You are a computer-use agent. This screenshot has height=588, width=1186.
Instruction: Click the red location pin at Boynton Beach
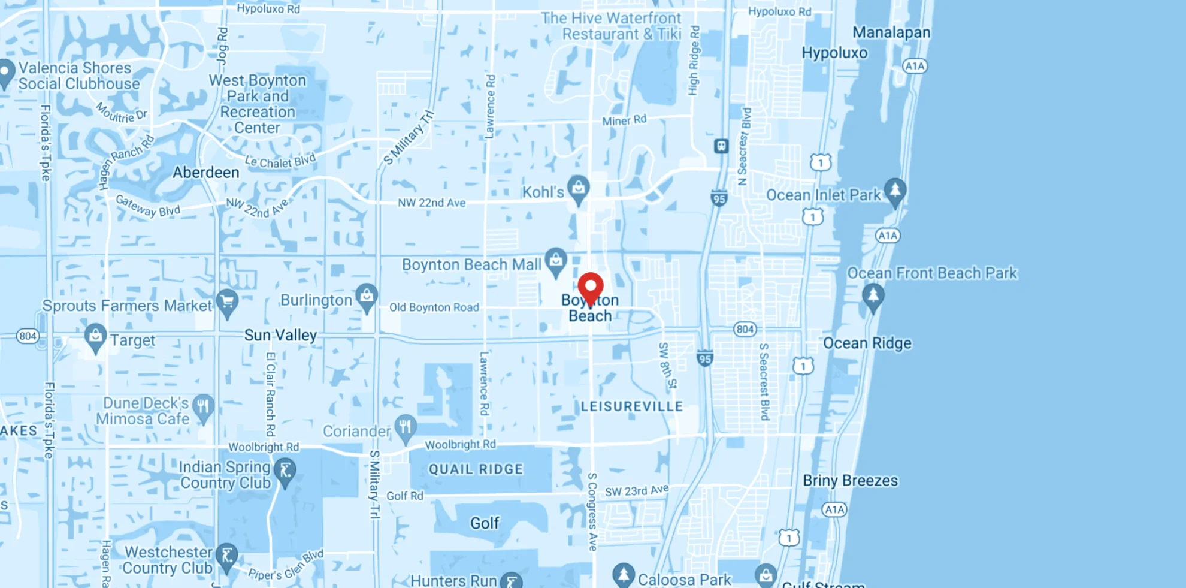[591, 287]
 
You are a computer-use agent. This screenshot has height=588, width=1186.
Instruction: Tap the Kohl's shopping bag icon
[578, 188]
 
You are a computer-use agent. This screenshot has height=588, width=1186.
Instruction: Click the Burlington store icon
[367, 295]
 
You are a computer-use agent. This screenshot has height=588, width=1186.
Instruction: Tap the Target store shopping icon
[95, 336]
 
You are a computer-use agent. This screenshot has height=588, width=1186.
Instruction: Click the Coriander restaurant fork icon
[406, 427]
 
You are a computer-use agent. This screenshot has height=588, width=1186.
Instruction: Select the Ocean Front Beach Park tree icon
[873, 295]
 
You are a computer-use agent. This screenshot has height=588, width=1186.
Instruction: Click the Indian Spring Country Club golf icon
[285, 471]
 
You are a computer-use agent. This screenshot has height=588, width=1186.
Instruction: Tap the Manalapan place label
[891, 32]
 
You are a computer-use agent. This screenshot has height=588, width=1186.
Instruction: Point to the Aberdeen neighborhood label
[206, 173]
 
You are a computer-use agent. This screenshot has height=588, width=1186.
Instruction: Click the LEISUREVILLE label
[632, 406]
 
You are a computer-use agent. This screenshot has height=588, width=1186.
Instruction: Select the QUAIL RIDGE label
[476, 469]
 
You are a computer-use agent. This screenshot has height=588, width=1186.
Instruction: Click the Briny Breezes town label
[851, 481]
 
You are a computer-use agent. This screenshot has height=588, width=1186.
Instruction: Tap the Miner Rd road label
[624, 120]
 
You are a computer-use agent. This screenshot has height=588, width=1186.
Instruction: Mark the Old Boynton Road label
[434, 307]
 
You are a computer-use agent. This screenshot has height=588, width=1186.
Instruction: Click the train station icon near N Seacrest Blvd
[721, 146]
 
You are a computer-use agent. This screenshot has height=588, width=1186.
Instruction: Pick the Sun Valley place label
[280, 335]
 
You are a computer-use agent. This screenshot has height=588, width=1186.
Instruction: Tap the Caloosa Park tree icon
[624, 574]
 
